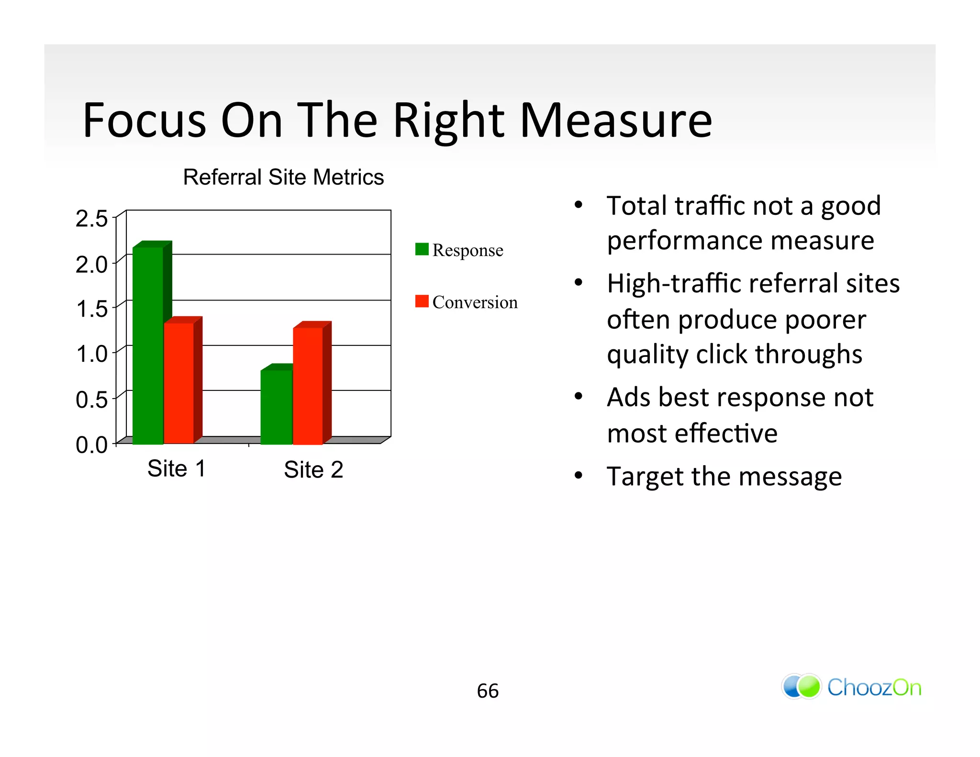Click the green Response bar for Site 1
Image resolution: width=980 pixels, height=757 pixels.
[148, 345]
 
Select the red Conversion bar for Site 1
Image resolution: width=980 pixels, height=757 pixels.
[179, 383]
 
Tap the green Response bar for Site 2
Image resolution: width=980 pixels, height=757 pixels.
[276, 407]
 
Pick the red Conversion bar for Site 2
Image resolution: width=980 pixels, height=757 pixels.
[308, 385]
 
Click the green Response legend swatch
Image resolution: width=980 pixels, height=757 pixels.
[422, 249]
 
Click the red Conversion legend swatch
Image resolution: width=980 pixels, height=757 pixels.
[422, 301]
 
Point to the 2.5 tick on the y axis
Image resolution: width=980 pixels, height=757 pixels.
[92, 219]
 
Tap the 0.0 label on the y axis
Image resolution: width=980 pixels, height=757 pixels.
[92, 445]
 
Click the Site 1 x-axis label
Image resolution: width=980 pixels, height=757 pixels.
[177, 468]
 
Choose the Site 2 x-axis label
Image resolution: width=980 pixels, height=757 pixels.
[313, 470]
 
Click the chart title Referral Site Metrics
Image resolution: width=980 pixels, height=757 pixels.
[283, 177]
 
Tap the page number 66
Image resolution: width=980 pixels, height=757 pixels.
[488, 691]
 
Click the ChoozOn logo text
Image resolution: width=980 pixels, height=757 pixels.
[874, 688]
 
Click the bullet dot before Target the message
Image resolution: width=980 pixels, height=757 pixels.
[579, 476]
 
